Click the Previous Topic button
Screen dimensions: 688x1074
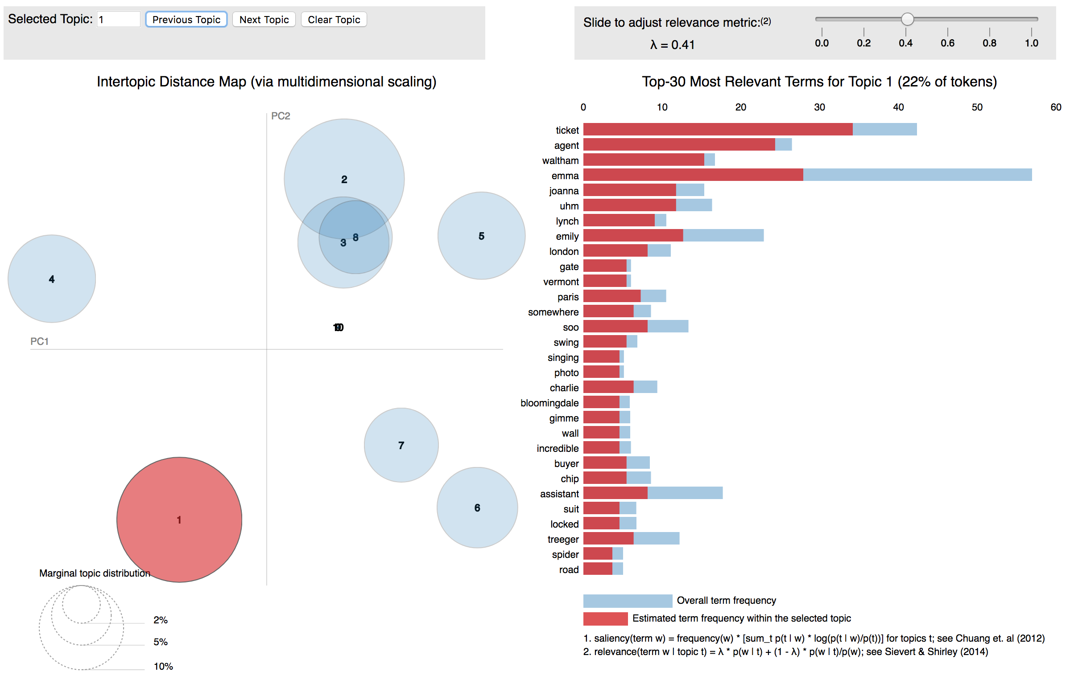(186, 20)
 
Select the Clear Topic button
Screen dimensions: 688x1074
(334, 20)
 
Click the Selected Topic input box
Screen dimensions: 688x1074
(119, 20)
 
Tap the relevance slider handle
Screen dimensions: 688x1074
(907, 19)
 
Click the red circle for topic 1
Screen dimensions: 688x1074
(179, 519)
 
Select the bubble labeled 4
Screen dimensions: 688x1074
(52, 279)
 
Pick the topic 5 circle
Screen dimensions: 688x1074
(481, 236)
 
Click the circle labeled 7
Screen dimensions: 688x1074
(401, 445)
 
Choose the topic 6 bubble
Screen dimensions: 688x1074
(477, 508)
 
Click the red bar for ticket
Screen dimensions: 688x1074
(717, 130)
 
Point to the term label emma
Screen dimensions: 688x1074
(565, 176)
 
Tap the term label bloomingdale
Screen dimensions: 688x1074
(549, 403)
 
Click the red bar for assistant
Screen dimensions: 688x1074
(615, 493)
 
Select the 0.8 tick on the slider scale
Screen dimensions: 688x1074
(989, 43)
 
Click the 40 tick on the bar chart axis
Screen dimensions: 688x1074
(898, 107)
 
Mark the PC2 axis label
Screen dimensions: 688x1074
(281, 116)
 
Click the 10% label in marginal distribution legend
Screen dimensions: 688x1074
(163, 666)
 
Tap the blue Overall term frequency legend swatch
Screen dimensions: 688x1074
(628, 600)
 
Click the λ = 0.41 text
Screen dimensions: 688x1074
(672, 45)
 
